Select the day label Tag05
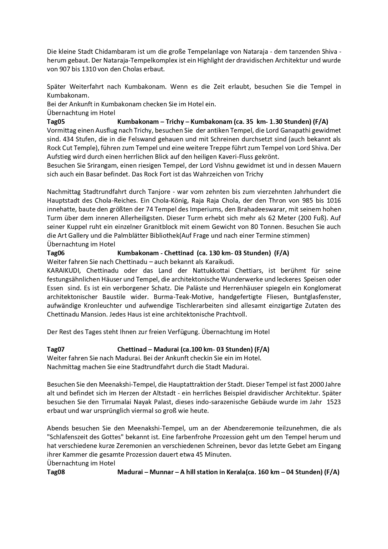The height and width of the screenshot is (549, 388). click(56, 122)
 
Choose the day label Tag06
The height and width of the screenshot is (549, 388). click(56, 253)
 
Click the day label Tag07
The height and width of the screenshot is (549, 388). click(56, 349)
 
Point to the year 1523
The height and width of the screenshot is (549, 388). click(334, 402)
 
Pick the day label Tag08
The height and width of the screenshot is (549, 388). click(56, 472)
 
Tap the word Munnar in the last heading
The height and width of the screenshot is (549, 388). click(161, 472)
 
